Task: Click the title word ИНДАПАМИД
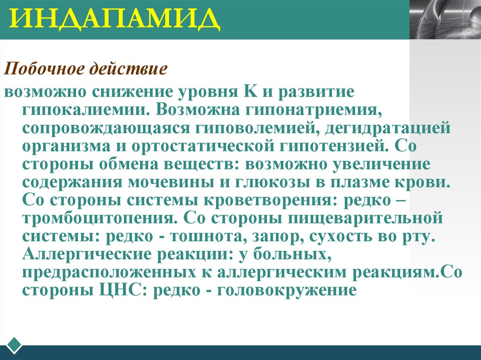[x=115, y=20]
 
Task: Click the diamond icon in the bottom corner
[x=15, y=344]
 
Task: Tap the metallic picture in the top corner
[x=444, y=20]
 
